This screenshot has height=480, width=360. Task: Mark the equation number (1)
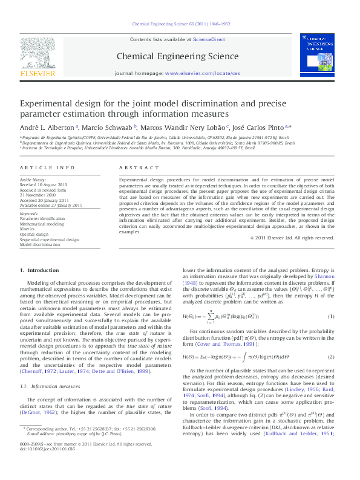click(330, 316)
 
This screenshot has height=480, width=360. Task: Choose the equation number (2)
click(330, 357)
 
